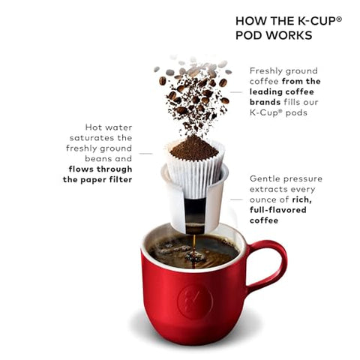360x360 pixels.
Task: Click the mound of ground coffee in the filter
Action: pos(194,148)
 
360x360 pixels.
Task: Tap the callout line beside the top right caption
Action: pos(237,91)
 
